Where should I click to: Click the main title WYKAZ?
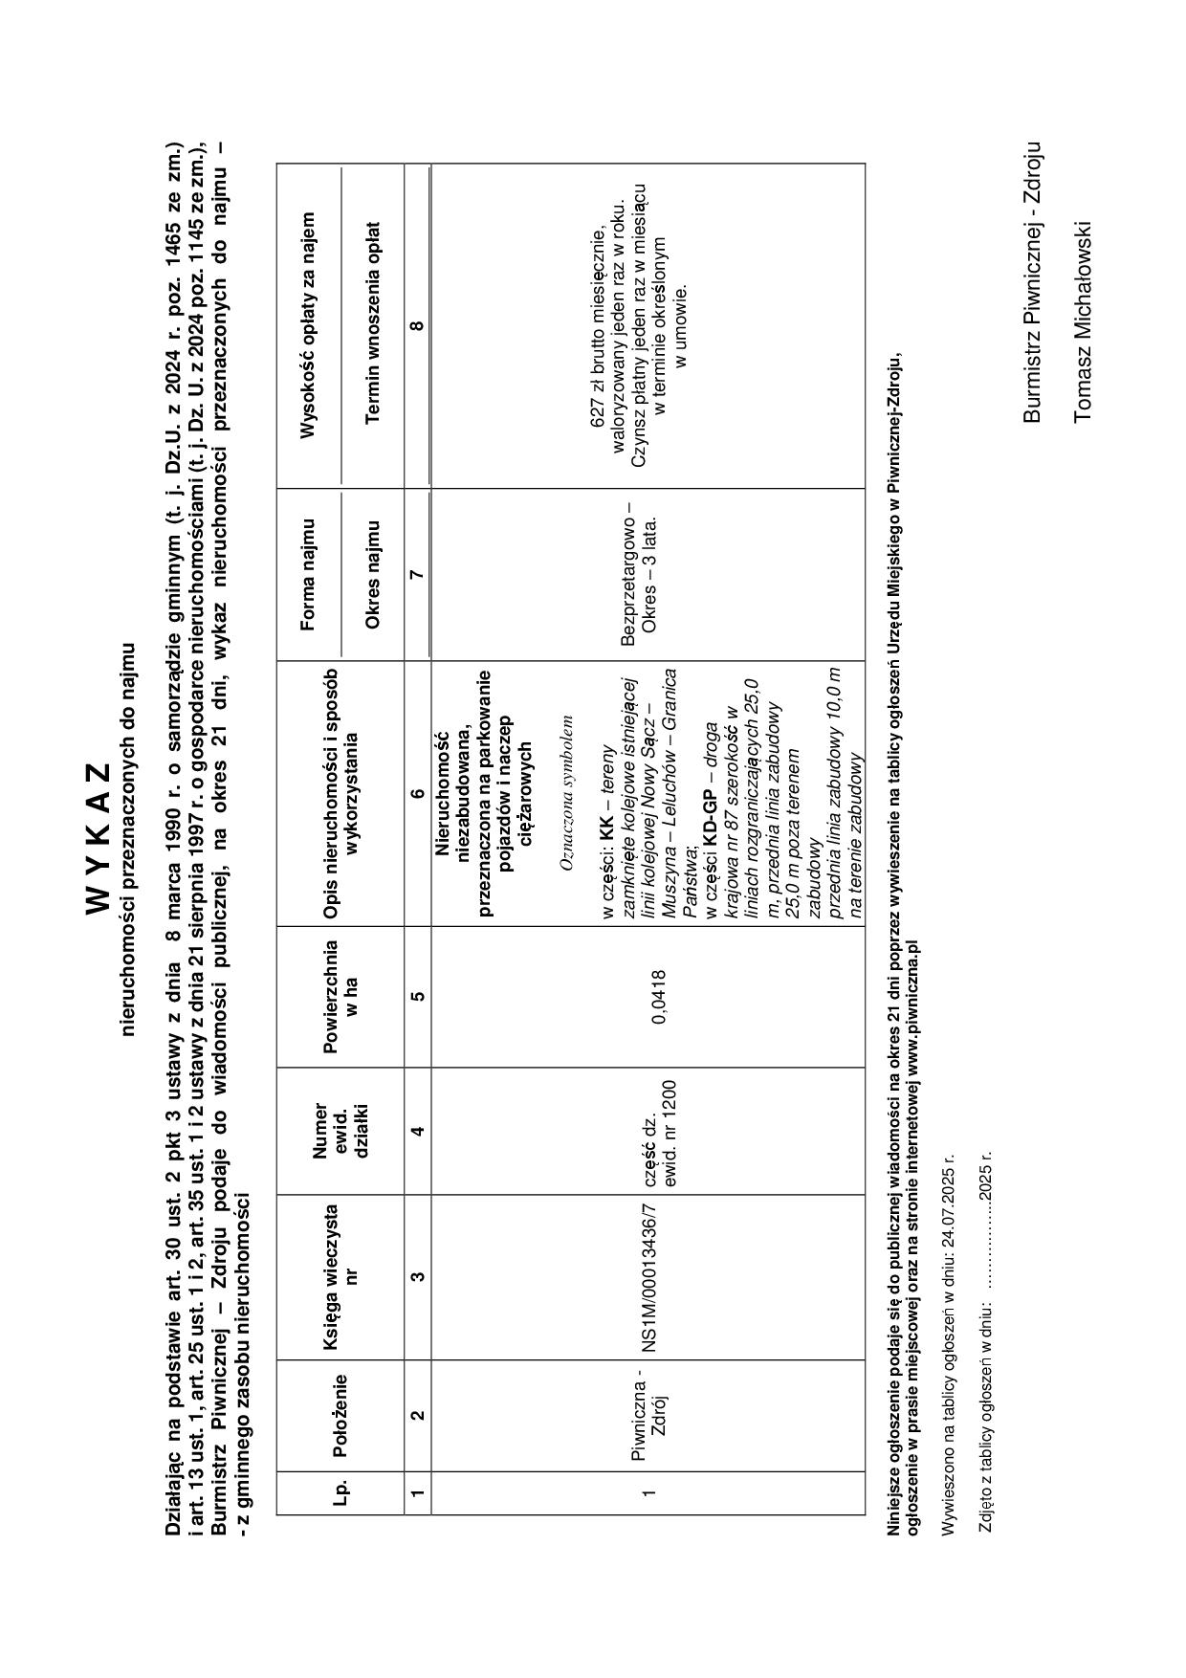click(x=99, y=838)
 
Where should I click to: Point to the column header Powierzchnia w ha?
click(x=340, y=997)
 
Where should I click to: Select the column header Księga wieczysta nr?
click(x=340, y=1276)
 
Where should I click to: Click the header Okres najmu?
click(x=373, y=574)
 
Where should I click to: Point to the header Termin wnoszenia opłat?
click(x=373, y=322)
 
